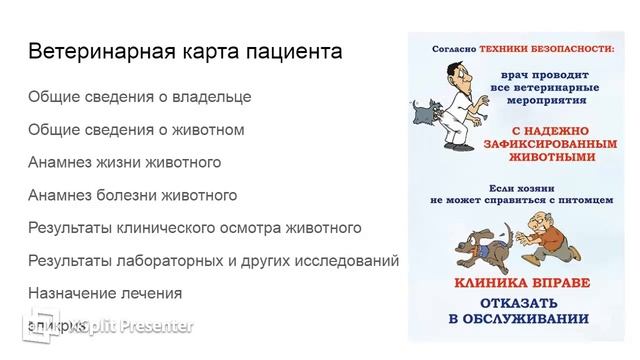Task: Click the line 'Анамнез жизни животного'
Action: tap(125, 163)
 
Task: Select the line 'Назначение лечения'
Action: tap(105, 293)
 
